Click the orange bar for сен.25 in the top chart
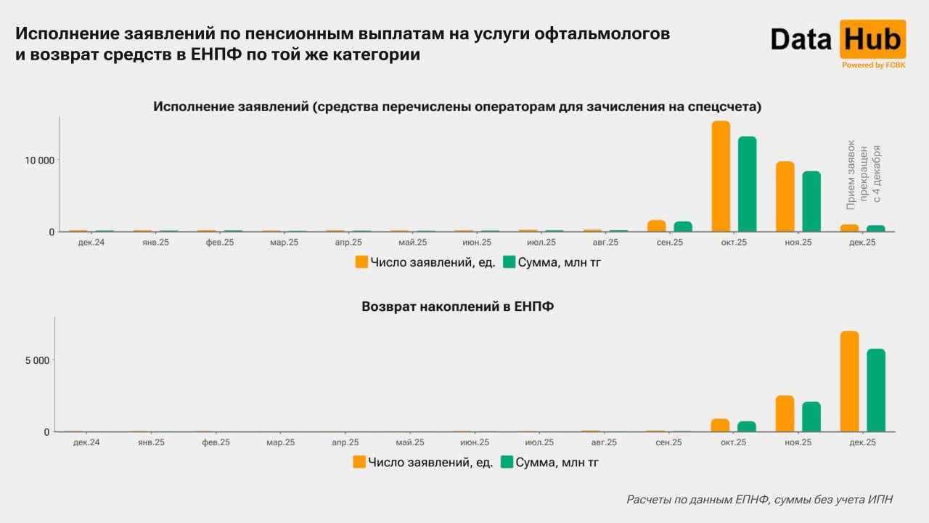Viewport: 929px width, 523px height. click(657, 226)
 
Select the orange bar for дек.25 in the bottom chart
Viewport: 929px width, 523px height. click(849, 381)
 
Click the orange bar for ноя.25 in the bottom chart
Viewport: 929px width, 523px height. click(785, 413)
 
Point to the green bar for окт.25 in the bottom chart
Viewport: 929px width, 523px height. click(747, 426)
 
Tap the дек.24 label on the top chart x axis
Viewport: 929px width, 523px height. click(91, 242)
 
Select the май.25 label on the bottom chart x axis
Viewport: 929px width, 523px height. click(411, 442)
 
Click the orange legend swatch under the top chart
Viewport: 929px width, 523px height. click(361, 262)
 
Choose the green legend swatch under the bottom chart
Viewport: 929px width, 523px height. click(507, 462)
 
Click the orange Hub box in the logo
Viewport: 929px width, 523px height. click(872, 39)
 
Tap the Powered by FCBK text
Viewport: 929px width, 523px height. click(873, 65)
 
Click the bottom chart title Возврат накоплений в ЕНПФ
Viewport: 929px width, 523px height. click(457, 307)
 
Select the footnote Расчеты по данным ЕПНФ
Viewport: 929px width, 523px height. click(759, 499)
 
